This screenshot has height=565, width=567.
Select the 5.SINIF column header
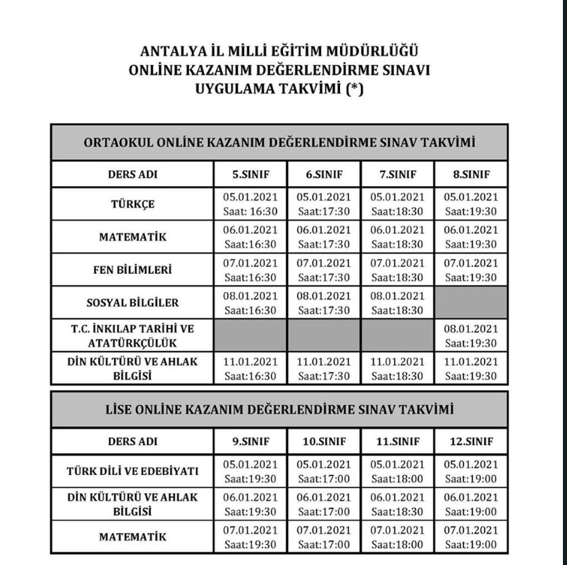(251, 174)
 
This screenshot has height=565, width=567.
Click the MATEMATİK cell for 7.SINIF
(397, 237)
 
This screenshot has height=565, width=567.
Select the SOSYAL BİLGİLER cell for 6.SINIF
(324, 303)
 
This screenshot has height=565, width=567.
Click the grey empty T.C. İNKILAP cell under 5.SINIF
(251, 335)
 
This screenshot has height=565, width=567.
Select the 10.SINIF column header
(324, 441)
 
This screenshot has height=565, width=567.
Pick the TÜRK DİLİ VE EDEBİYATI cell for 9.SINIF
(251, 472)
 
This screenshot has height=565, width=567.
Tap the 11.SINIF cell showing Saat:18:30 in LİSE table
(397, 505)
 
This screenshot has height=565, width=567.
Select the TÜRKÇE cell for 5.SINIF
(251, 204)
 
